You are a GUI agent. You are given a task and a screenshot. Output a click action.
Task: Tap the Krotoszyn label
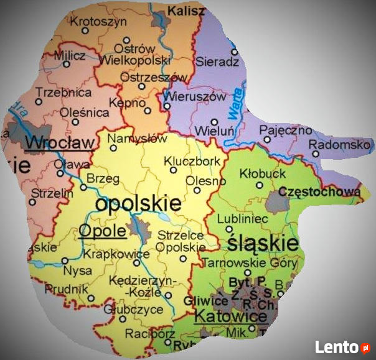tap(94, 21)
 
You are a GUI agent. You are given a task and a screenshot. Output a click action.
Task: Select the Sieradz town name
tap(217, 62)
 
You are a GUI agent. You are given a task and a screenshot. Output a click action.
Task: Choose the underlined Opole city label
tap(102, 231)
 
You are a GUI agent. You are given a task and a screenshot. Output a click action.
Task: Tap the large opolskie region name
tap(138, 203)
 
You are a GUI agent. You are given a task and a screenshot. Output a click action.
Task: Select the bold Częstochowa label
tap(319, 192)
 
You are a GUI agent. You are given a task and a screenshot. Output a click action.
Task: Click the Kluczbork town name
tap(192, 161)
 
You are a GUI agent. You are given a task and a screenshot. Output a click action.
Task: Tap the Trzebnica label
tap(63, 92)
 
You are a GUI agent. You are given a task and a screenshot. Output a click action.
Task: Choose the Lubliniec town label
tap(242, 219)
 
